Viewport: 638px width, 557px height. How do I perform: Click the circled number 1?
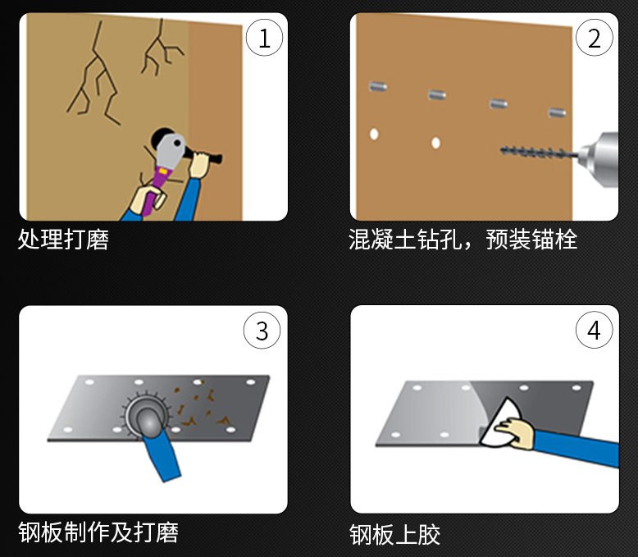[x=264, y=39]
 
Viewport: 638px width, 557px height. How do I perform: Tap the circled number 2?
[x=595, y=39]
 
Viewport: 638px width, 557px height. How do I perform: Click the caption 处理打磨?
[x=63, y=240]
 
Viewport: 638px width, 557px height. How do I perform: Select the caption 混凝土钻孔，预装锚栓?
[x=463, y=240]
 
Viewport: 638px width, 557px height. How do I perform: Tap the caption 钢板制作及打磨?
[x=98, y=532]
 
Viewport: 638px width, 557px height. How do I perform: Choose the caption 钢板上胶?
[x=395, y=535]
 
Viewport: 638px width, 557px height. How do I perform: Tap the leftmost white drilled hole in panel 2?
[x=374, y=134]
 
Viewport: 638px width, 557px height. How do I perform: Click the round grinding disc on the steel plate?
[x=147, y=412]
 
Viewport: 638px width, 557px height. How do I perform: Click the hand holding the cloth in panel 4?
[x=517, y=432]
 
